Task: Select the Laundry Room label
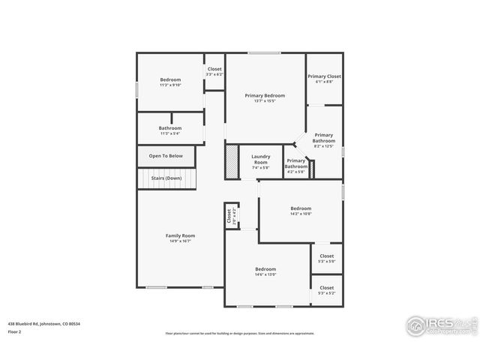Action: (x=260, y=161)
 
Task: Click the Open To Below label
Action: (x=166, y=156)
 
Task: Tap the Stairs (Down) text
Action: (x=166, y=178)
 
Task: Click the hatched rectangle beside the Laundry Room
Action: (x=231, y=161)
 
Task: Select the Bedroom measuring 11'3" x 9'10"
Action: (x=169, y=82)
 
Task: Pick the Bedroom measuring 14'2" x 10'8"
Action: (x=301, y=211)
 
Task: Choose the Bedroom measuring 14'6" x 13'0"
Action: (x=265, y=271)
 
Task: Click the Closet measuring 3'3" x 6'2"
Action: (x=214, y=71)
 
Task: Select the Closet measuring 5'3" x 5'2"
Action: (x=326, y=289)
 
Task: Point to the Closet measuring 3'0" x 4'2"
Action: (x=229, y=217)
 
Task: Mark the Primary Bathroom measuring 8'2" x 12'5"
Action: (x=324, y=140)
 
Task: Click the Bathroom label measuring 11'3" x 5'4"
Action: (x=169, y=130)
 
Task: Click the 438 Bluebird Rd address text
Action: (x=44, y=323)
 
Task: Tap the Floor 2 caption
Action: (x=14, y=331)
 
